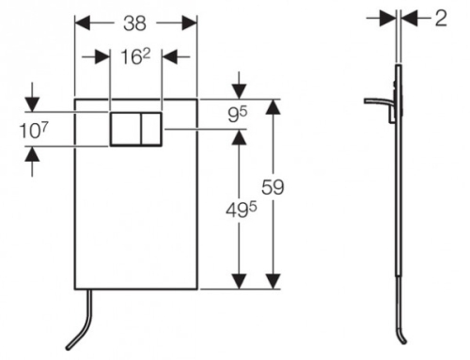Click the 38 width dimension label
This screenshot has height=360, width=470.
coord(134,23)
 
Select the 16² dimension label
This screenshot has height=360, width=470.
coord(135,56)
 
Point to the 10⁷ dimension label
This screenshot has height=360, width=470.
coord(34,130)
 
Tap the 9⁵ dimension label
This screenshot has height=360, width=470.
coord(238,115)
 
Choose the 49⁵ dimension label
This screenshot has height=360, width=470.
coord(242,210)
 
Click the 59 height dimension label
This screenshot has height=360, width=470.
coord(273,187)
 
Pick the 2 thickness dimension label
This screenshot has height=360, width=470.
coord(441,19)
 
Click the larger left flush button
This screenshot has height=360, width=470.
coord(125,129)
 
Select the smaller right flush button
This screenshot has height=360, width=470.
coord(151,129)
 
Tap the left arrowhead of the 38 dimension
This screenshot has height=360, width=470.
coord(82,23)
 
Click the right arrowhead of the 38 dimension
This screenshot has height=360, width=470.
coord(190,23)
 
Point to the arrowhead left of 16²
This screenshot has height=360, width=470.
coord(102,57)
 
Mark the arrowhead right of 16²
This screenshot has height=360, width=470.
coord(169,57)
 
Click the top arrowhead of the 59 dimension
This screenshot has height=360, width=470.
coord(274,107)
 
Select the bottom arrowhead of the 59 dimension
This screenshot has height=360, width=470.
coord(274,281)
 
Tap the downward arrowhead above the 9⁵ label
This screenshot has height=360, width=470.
coord(240,91)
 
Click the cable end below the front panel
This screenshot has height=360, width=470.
coord(69,348)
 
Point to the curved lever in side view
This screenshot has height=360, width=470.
coord(378,102)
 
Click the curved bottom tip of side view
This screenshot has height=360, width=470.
coord(404,342)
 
